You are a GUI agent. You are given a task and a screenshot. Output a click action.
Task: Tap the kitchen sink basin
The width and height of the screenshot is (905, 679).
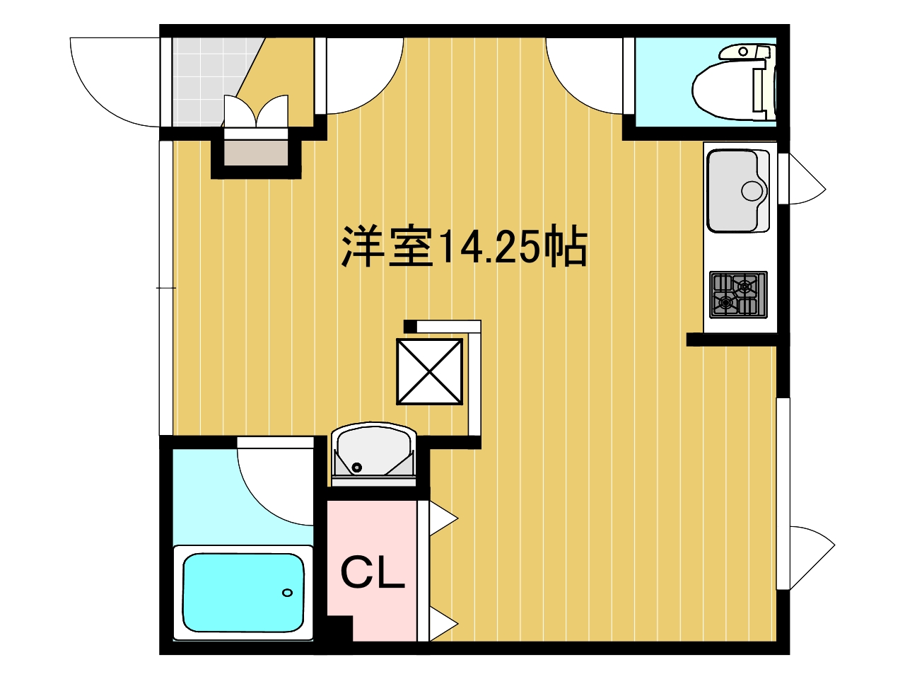(x=737, y=190)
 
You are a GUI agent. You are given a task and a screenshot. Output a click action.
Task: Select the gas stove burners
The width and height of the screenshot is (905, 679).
(x=738, y=295)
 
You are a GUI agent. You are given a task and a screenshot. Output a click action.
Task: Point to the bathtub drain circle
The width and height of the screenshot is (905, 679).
(x=287, y=593)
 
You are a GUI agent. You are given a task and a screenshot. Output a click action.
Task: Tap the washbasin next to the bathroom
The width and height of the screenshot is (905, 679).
(x=374, y=454)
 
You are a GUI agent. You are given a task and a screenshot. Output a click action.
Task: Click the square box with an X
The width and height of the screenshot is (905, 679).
(x=429, y=371)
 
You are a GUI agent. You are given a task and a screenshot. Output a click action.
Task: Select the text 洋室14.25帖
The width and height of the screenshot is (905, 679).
(x=465, y=246)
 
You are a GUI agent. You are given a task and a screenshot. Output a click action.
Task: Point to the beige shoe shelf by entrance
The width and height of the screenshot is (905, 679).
(x=256, y=153)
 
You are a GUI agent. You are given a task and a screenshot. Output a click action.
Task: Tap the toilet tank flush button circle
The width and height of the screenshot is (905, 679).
(x=743, y=52)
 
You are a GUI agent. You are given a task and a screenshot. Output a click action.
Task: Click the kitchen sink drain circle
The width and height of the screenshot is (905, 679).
(x=752, y=191)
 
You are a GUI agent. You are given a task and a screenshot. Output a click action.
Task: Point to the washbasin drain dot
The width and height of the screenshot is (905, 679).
(x=357, y=468)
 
